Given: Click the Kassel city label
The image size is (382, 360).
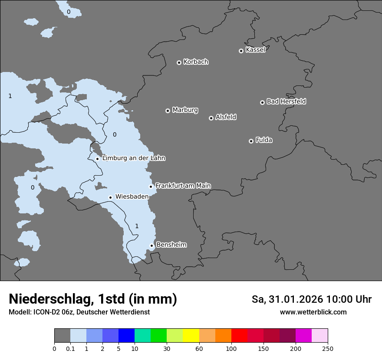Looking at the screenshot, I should pyautogui.click(x=255, y=50).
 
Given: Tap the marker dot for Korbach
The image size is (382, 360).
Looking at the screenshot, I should pyautogui.click(x=179, y=62).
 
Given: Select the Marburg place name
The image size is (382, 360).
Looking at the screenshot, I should pyautogui.click(x=185, y=110).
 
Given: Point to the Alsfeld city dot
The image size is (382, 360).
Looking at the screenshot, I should pyautogui.click(x=211, y=118).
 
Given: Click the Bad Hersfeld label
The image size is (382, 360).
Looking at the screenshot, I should pyautogui.click(x=286, y=101).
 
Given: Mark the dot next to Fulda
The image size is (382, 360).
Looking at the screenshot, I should pyautogui.click(x=251, y=141).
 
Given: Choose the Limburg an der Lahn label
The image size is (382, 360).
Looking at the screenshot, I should pyautogui.click(x=133, y=158).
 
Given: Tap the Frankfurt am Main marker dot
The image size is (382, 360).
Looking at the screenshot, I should pyautogui.click(x=151, y=187).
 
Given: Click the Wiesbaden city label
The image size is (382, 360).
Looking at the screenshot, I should pyautogui.click(x=132, y=196).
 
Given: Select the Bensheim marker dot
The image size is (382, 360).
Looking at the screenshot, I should pyautogui.click(x=151, y=245).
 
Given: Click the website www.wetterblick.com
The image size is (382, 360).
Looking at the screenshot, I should pyautogui.click(x=313, y=312).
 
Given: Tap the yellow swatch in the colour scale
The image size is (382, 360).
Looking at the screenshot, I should pyautogui.click(x=191, y=336).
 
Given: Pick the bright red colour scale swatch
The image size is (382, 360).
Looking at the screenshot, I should pyautogui.click(x=239, y=336).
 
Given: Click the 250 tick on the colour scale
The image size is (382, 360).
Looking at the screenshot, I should pyautogui.click(x=328, y=348).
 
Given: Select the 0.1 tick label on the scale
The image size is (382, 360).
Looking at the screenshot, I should pyautogui.click(x=70, y=348).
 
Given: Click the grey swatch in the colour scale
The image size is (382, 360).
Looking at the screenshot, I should pyautogui.click(x=62, y=336).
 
